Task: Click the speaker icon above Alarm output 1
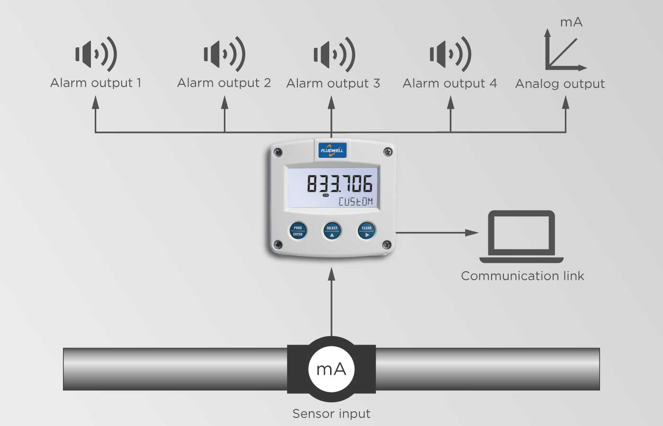pos(96,54)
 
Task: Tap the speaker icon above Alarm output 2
pos(224,54)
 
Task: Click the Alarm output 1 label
pos(96,83)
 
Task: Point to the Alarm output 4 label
pos(449,83)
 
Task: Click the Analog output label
pos(560,84)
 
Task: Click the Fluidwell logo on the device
pos(332,150)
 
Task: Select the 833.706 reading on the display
pos(340,184)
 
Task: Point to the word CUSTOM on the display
pos(355,202)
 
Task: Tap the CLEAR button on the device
pos(367,231)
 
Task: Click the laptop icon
pos(521,236)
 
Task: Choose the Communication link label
pos(522,276)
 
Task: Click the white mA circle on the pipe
pos(331,369)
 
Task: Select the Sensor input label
pos(331,414)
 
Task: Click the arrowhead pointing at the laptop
pos(472,232)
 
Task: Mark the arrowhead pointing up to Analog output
pos(565,102)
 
